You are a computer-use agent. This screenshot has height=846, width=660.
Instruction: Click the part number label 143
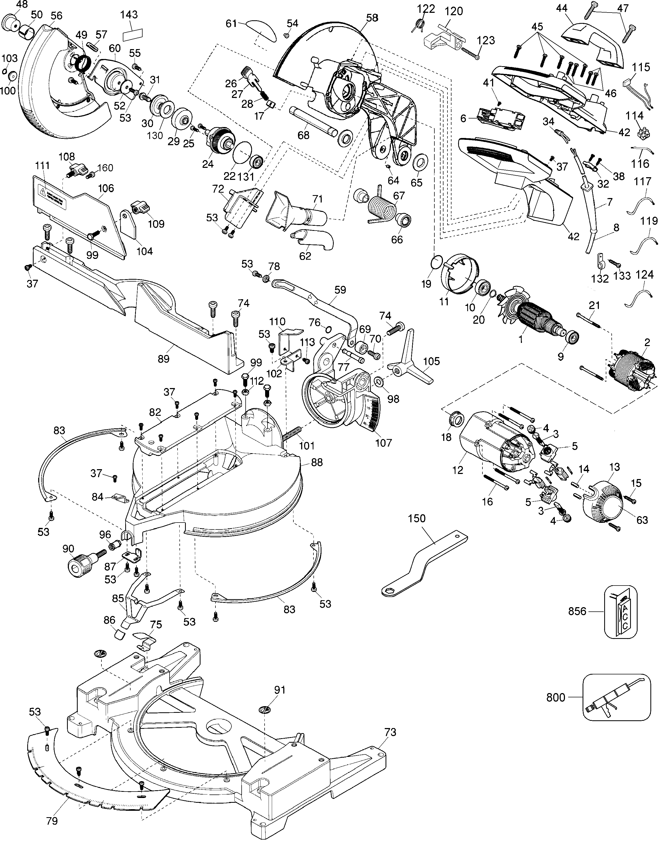[129, 15]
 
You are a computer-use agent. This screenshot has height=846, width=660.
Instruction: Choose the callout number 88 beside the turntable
[317, 462]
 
